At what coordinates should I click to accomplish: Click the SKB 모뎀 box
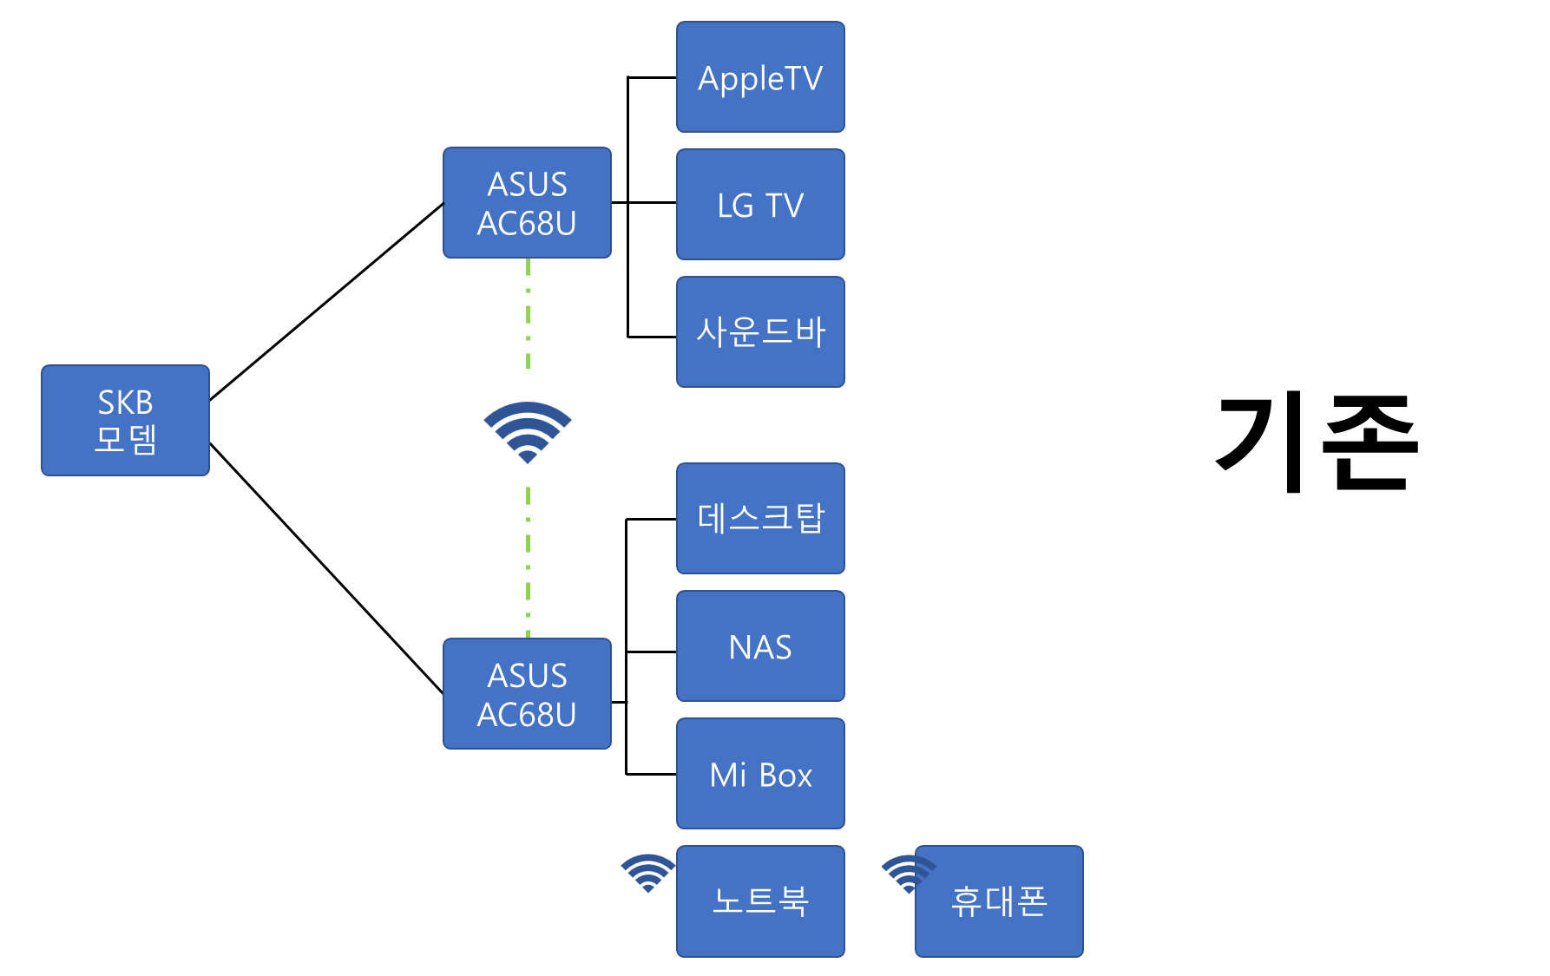click(125, 420)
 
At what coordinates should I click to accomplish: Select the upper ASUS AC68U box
click(527, 202)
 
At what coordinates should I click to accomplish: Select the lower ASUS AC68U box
click(527, 693)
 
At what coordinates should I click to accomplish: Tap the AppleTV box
click(760, 77)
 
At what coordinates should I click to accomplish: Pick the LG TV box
click(760, 205)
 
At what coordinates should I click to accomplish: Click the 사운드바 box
click(760, 331)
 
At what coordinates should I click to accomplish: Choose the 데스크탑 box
click(760, 518)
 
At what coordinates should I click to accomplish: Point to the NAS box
click(760, 646)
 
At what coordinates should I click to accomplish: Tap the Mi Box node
click(760, 774)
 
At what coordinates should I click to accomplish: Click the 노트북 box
click(760, 901)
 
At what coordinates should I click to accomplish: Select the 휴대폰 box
click(999, 901)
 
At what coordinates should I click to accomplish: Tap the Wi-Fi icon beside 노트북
click(647, 872)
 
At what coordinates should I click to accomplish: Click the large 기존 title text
click(1316, 442)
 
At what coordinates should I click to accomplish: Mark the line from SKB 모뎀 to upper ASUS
click(326, 301)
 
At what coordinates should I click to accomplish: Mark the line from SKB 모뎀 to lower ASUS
click(326, 567)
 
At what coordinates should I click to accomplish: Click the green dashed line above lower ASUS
click(528, 564)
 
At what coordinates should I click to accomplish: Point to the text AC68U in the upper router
click(527, 224)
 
